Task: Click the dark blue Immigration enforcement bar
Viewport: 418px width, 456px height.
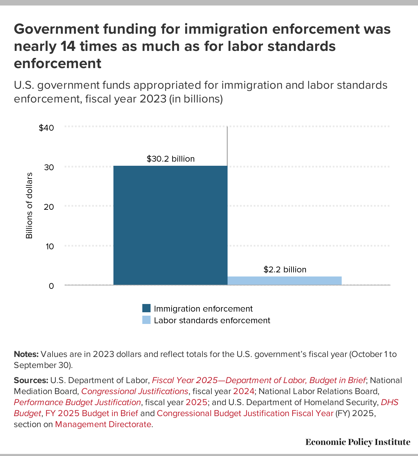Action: (x=170, y=225)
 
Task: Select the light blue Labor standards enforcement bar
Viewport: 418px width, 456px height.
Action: (x=285, y=281)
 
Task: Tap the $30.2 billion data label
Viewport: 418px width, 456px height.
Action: (x=170, y=159)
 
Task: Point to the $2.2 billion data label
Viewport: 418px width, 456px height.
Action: (x=285, y=270)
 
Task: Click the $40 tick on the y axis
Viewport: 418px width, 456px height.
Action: (x=46, y=128)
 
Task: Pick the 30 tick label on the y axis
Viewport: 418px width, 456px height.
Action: (x=49, y=167)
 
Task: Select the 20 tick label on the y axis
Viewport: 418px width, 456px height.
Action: (x=49, y=207)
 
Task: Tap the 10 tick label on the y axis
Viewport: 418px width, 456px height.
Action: (x=49, y=246)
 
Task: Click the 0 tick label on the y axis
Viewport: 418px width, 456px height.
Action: (x=51, y=286)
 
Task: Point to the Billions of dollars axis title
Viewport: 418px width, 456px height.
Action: (x=29, y=206)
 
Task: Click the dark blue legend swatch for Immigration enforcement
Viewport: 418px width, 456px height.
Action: (x=146, y=308)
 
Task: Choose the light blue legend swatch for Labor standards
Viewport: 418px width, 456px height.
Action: (x=146, y=320)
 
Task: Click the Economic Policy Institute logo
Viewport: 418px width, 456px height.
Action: (x=357, y=442)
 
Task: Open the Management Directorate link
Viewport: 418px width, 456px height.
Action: (x=103, y=424)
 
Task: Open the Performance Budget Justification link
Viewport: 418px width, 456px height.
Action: (x=77, y=402)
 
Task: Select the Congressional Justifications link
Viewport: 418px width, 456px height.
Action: (x=134, y=391)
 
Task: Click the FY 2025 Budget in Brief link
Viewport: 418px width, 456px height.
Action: (x=91, y=413)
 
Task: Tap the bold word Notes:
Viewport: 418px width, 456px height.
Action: (x=26, y=354)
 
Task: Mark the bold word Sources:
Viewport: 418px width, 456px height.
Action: (x=31, y=380)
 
